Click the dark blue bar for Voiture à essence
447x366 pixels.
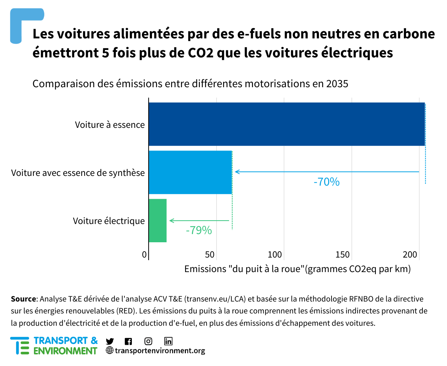click(286, 124)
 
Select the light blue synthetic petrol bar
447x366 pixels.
click(190, 172)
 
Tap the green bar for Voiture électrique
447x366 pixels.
click(158, 221)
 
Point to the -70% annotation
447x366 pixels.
click(327, 182)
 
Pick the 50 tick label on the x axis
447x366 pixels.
click(210, 255)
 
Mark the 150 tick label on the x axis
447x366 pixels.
click(343, 255)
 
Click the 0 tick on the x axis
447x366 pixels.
click(145, 255)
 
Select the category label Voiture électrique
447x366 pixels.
click(109, 221)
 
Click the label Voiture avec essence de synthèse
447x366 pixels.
click(78, 173)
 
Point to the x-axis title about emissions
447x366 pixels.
click(297, 269)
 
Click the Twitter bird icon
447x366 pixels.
click(110, 341)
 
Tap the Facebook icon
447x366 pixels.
click(129, 341)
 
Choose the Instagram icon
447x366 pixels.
click(148, 341)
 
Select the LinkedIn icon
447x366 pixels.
click(168, 341)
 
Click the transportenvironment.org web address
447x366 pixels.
click(160, 351)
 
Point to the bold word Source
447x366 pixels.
click(23, 299)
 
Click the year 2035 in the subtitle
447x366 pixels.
click(336, 84)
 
